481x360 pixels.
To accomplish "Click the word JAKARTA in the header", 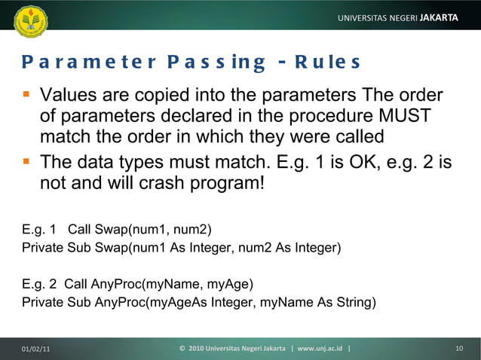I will (440, 17).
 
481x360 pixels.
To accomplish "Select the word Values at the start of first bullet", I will (71, 96).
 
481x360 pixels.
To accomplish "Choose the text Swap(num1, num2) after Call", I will (145, 230).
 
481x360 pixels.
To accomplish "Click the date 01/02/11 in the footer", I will (36, 348).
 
